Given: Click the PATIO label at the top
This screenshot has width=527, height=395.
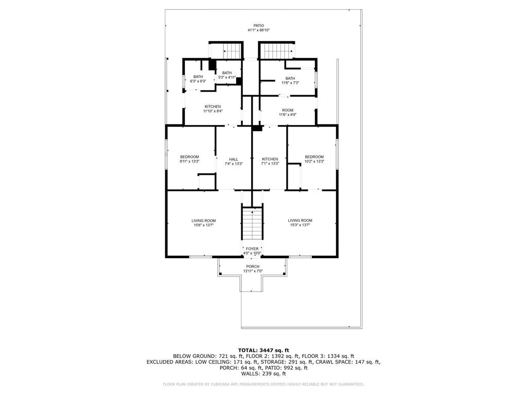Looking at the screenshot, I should [x=258, y=25].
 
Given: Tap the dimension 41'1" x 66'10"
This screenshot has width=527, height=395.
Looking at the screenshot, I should [x=258, y=30].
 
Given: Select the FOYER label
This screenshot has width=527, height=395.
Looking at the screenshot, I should [x=252, y=248].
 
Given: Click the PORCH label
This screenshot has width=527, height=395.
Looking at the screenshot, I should [x=252, y=266].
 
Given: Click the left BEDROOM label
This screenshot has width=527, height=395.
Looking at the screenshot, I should [x=189, y=157].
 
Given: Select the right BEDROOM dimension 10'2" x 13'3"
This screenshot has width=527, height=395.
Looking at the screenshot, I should [x=314, y=161].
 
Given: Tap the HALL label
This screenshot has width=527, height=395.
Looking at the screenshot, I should [x=234, y=159].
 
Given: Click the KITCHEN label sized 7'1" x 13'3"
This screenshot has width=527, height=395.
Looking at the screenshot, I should [x=270, y=159].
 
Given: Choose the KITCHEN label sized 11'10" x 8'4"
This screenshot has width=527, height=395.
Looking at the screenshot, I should [x=213, y=106].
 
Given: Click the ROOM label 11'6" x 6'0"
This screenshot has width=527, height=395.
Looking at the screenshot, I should [x=287, y=110].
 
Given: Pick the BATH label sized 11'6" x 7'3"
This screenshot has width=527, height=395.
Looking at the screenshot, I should [x=290, y=78].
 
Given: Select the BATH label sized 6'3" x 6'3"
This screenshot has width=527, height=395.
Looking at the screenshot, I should [x=198, y=77].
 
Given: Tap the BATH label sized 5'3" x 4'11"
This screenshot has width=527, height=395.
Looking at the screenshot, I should [x=227, y=73].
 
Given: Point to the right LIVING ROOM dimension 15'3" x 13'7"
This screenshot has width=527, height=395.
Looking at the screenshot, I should [x=300, y=225].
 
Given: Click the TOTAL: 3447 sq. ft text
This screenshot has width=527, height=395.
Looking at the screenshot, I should [x=263, y=350].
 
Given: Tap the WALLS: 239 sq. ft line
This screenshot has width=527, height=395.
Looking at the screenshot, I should [x=263, y=374].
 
